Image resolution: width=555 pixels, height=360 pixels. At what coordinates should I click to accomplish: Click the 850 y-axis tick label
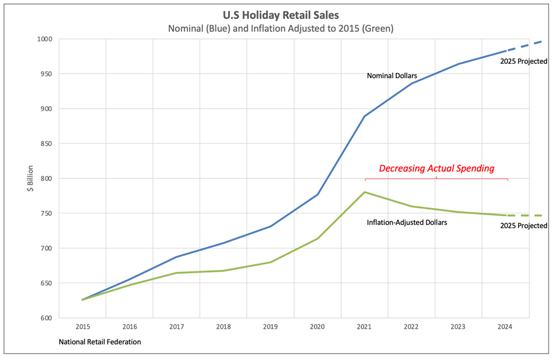(x=46, y=144)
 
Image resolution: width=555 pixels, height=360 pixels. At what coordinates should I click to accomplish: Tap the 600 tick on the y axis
(x=46, y=318)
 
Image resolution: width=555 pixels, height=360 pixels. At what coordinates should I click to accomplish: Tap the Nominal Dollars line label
(x=392, y=75)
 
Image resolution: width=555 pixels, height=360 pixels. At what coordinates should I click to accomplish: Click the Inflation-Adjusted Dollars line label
(x=407, y=221)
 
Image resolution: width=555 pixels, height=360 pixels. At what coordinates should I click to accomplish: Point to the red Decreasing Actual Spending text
(x=437, y=168)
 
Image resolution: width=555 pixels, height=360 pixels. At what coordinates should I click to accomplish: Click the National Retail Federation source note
(x=100, y=342)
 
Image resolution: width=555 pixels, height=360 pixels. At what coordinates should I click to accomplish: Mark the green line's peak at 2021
(x=365, y=192)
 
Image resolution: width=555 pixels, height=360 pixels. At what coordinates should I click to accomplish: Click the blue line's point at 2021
(x=365, y=116)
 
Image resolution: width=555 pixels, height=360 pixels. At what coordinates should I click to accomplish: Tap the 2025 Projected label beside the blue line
(x=523, y=61)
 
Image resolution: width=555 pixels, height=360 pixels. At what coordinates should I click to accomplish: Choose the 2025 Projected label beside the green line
(x=523, y=226)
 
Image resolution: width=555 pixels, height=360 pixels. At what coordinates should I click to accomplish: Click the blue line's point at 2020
(x=317, y=194)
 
